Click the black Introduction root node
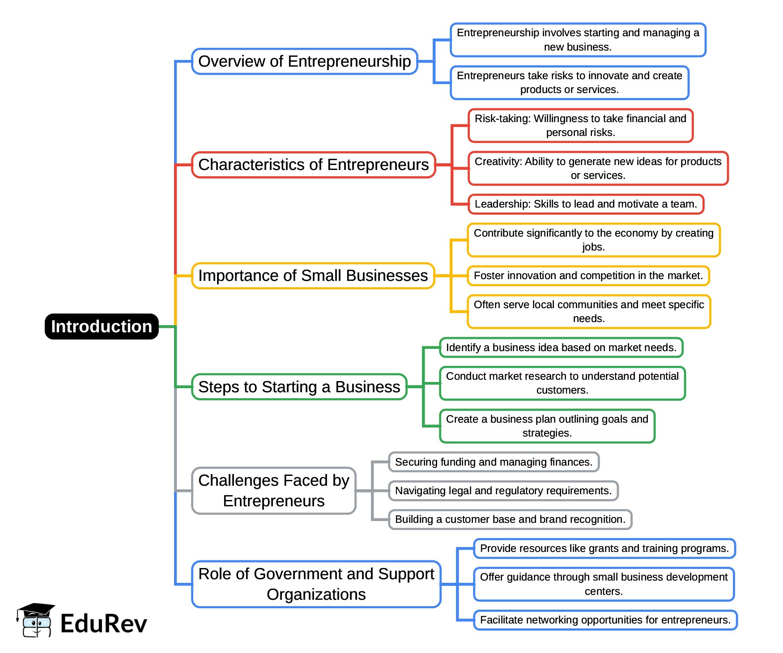tap(102, 326)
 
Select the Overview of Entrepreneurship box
tap(304, 62)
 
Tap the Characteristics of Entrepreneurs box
tap(313, 165)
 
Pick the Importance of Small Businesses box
tap(313, 276)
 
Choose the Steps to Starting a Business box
tap(299, 387)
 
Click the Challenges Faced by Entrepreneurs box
tap(273, 491)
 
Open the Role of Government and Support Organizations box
tap(316, 584)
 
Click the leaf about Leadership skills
tap(586, 204)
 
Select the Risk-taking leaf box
tap(580, 126)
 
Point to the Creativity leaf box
tap(598, 169)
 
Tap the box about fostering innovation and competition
tap(588, 276)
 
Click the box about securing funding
tap(494, 462)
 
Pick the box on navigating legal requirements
tap(503, 491)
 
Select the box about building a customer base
tap(510, 519)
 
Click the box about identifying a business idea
tap(561, 348)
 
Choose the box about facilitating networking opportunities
tap(605, 620)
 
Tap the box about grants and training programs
tap(604, 548)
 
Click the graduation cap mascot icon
tap(36, 620)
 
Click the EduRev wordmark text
tap(103, 623)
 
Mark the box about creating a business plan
tap(547, 426)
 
